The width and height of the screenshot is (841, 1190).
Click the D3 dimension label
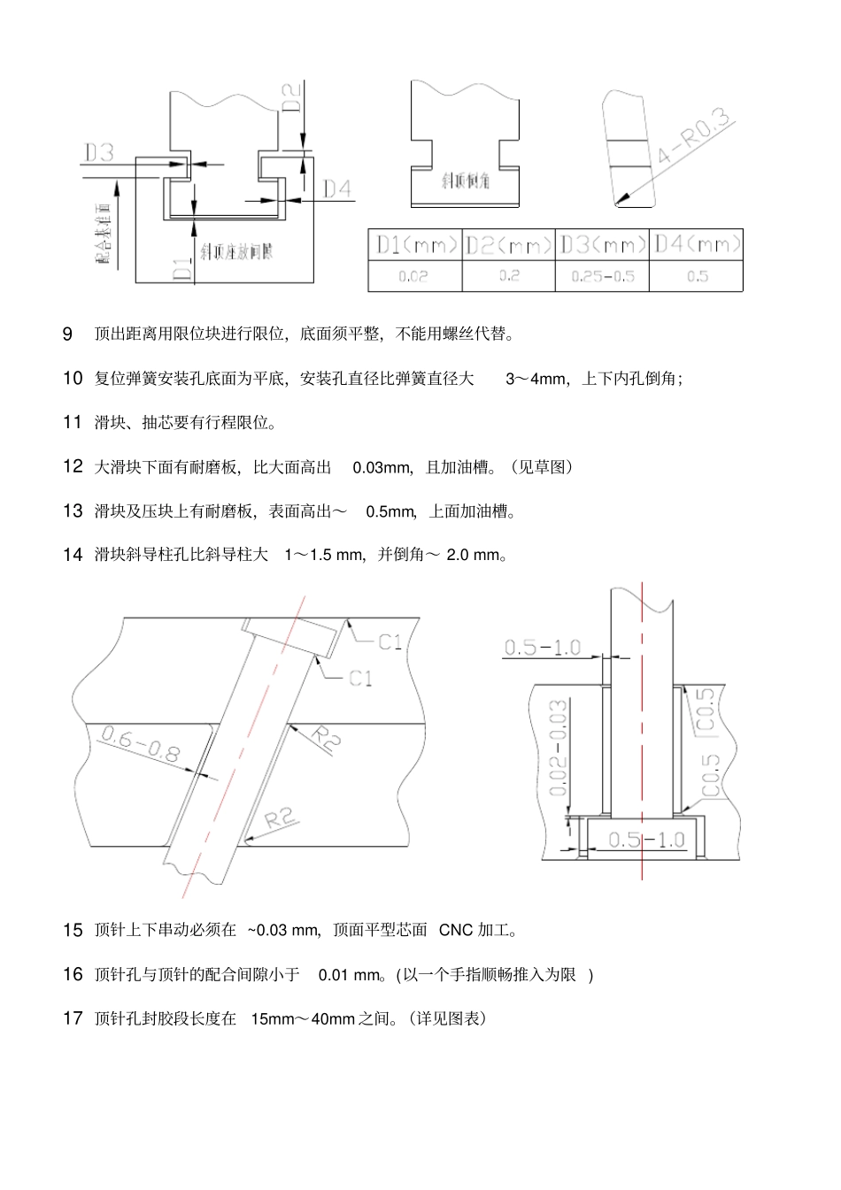coord(99,153)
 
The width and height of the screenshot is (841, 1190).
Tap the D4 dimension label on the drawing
coord(336,189)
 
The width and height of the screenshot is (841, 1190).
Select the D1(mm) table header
coord(415,245)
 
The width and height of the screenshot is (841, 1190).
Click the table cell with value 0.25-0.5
coord(603,276)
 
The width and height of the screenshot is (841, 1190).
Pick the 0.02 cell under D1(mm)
coord(413,276)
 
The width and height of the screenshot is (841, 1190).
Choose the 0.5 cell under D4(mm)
coord(697,276)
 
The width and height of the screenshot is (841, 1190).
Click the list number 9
coord(67,334)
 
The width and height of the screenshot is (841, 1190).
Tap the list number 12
coord(73,466)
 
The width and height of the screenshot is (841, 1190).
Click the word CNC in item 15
coord(456,931)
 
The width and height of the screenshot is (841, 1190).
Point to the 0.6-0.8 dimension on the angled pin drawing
coord(141,744)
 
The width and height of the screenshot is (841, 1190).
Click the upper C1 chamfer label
coord(390,642)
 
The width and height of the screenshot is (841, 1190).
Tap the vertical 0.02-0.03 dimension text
coord(558,749)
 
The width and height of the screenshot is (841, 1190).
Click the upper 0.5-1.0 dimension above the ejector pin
coord(542,648)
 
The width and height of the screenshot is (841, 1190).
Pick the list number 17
coord(73,1018)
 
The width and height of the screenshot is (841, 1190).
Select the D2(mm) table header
coord(509,245)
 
